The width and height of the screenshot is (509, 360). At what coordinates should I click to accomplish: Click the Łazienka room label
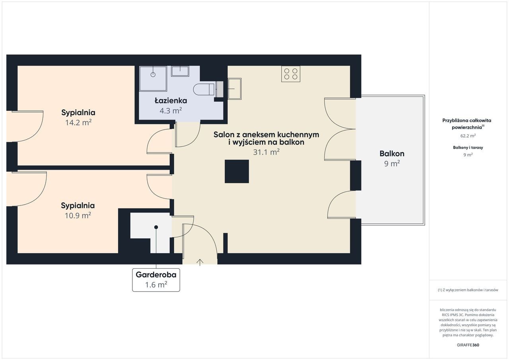pyautogui.click(x=171, y=101)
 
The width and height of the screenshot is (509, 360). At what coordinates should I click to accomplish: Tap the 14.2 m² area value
pyautogui.click(x=78, y=122)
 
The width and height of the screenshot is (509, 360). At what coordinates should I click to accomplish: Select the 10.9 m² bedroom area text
pyautogui.click(x=78, y=215)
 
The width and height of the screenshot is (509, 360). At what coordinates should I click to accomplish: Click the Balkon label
pyautogui.click(x=392, y=154)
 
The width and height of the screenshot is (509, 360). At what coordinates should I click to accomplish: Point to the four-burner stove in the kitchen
pyautogui.click(x=291, y=74)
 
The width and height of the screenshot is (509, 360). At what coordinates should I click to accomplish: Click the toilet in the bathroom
pyautogui.click(x=204, y=89)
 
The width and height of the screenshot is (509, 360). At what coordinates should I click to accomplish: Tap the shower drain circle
pyautogui.click(x=153, y=74)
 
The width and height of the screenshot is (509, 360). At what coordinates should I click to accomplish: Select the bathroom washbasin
pyautogui.click(x=180, y=71)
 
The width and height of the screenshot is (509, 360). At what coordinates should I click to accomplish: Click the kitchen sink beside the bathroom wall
pyautogui.click(x=235, y=89)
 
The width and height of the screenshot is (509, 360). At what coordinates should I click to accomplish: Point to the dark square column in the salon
pyautogui.click(x=237, y=171)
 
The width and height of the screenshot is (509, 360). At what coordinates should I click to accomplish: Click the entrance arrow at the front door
pyautogui.click(x=200, y=262)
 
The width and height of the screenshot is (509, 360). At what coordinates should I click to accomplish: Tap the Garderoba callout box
pyautogui.click(x=156, y=280)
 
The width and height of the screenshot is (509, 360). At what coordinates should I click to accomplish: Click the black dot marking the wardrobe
pyautogui.click(x=156, y=227)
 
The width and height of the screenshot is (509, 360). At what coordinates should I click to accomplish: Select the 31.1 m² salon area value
pyautogui.click(x=266, y=152)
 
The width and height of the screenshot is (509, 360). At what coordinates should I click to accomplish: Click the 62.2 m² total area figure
pyautogui.click(x=468, y=136)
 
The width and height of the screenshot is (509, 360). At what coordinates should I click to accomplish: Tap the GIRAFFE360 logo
pyautogui.click(x=468, y=345)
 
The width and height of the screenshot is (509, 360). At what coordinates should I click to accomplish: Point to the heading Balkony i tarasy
pyautogui.click(x=468, y=147)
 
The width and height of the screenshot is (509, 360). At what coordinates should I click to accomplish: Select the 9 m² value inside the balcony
pyautogui.click(x=392, y=164)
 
